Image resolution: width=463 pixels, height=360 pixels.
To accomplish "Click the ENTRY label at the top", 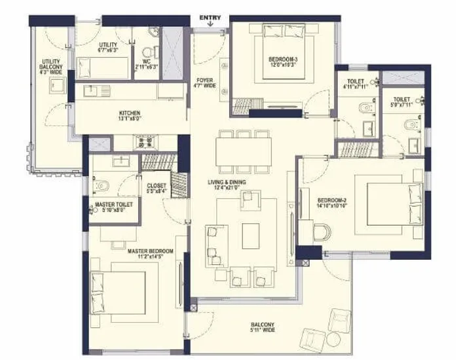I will click(x=210, y=18).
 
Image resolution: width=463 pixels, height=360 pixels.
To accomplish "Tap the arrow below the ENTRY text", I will click(x=210, y=25).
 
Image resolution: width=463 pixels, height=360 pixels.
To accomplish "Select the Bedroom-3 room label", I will click(x=283, y=62).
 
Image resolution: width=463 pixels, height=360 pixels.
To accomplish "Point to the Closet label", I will click(x=157, y=189).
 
